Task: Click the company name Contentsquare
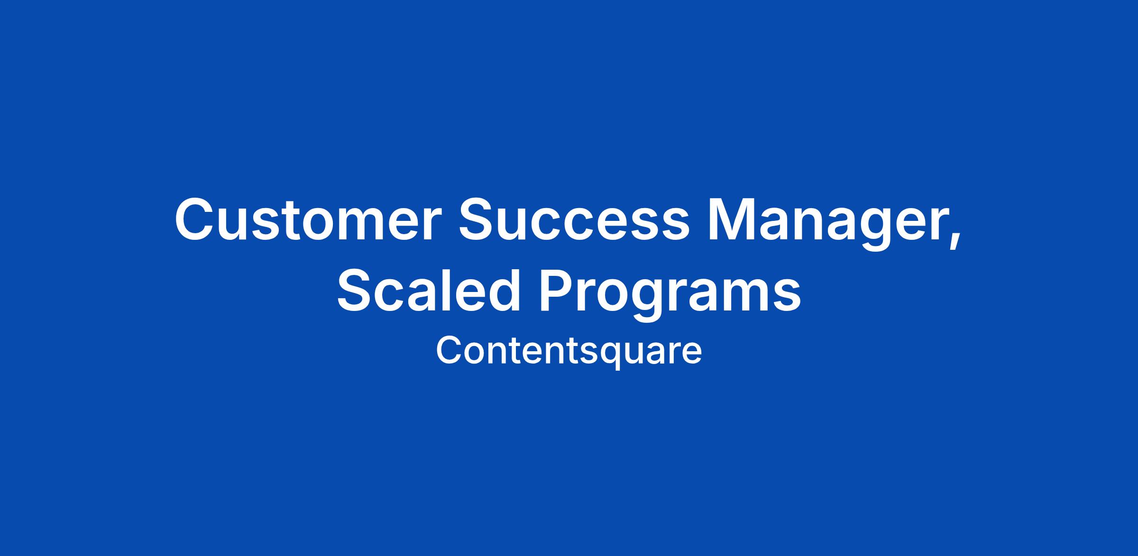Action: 569,351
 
